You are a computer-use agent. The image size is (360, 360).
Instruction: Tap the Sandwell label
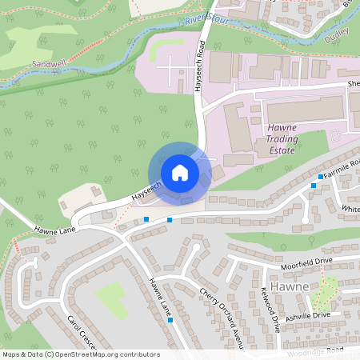coord(50,62)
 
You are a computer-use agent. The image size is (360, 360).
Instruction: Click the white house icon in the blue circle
coord(179,173)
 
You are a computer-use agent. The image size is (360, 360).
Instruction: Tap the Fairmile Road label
coord(342,170)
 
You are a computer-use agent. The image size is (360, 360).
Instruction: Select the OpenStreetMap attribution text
coord(80,354)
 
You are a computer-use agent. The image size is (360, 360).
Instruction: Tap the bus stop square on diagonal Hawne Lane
coord(171,320)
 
